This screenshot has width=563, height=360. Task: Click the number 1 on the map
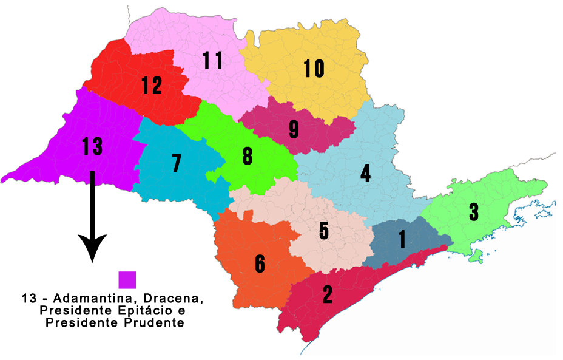(402, 239)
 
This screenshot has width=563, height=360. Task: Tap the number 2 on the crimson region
(328, 294)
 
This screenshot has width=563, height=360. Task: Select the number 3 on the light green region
(474, 212)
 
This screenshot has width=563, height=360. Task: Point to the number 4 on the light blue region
(365, 173)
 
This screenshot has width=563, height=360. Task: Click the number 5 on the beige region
(324, 231)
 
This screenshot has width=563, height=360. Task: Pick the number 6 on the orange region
(260, 263)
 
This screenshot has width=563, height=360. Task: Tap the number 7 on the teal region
(177, 163)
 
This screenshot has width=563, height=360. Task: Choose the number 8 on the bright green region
(248, 156)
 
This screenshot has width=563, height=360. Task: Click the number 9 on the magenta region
(294, 129)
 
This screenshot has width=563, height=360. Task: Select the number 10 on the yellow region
(314, 69)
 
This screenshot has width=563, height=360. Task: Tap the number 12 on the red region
(152, 86)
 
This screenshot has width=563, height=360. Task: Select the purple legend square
(127, 280)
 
